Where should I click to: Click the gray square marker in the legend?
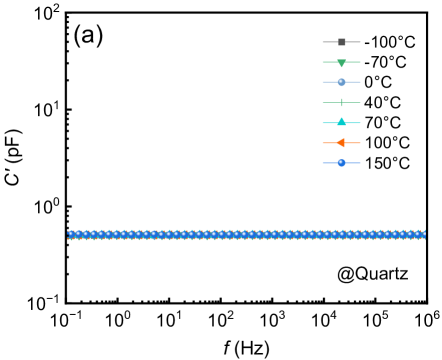[x=341, y=42]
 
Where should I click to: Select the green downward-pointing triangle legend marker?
[x=341, y=63]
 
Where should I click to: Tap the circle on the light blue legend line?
[x=341, y=82]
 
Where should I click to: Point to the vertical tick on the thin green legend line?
[x=341, y=102]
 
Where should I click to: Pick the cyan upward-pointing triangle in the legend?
[x=341, y=122]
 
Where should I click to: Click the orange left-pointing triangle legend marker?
[x=340, y=142]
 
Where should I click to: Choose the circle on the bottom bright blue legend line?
[x=341, y=162]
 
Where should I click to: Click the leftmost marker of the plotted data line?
[x=70, y=235]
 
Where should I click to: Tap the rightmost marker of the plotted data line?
[x=423, y=235]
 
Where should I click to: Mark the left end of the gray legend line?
[x=322, y=42]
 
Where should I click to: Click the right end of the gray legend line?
[x=361, y=42]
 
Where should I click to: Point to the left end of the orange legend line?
[x=322, y=142]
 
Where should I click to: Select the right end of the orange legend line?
[x=361, y=142]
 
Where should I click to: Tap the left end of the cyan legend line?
[x=322, y=122]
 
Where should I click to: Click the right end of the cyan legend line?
[x=361, y=122]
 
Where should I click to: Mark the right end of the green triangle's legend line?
[x=361, y=62]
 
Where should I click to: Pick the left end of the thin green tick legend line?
[x=322, y=102]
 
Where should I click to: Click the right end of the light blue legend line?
[x=361, y=82]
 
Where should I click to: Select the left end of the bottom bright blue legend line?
[x=322, y=162]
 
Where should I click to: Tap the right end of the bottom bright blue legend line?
[x=361, y=162]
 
